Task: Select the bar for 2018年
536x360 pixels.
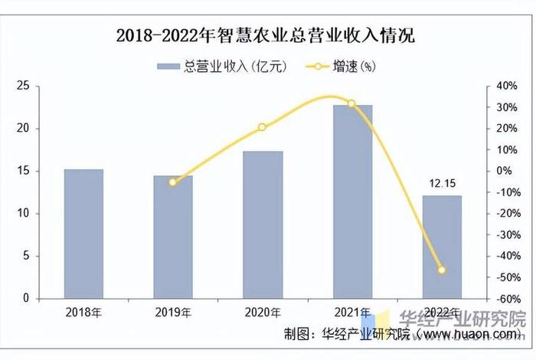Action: coord(83,234)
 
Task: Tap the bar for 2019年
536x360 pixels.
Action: coord(173,237)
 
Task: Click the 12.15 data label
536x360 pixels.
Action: coord(442,184)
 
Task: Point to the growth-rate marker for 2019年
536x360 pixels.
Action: coord(173,182)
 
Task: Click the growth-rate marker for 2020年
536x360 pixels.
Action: coord(263,127)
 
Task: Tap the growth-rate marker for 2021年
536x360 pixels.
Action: coord(351,103)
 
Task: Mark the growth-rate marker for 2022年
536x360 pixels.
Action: coord(442,270)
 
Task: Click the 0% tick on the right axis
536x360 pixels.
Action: coord(502,171)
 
